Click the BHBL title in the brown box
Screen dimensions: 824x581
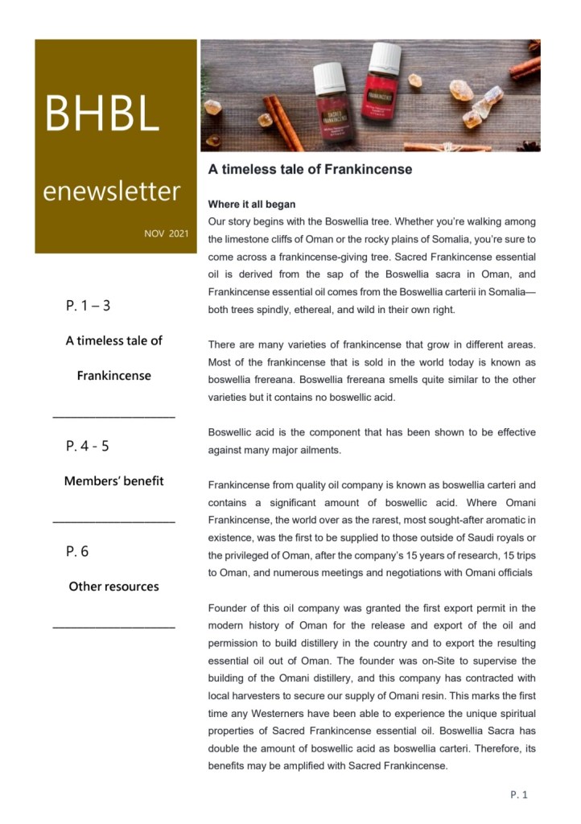[101, 114]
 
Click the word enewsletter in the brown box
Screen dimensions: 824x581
[111, 192]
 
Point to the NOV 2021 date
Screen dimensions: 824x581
[166, 233]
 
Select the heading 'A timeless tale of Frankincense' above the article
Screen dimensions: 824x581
[310, 170]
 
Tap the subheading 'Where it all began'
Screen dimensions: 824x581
[252, 204]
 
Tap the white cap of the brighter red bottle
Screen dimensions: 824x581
[384, 56]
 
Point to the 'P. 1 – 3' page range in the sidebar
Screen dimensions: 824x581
[89, 306]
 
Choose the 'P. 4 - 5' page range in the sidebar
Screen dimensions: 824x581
[87, 446]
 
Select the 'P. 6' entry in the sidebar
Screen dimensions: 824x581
[77, 551]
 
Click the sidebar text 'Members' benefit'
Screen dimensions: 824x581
[113, 481]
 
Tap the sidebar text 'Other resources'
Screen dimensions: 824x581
[113, 587]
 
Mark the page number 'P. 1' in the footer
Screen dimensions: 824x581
[519, 795]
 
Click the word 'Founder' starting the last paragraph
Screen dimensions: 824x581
[229, 608]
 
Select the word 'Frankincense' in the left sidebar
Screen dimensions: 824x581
[113, 376]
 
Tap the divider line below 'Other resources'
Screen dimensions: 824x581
[113, 625]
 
